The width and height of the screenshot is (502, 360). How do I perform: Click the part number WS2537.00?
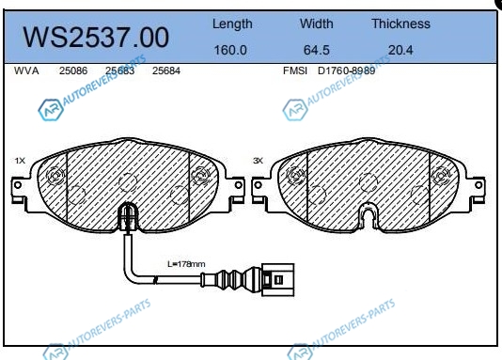pyautogui.click(x=96, y=37)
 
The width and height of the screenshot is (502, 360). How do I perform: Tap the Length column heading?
pyautogui.click(x=232, y=24)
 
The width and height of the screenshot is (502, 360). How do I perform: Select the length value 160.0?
pyautogui.click(x=230, y=50)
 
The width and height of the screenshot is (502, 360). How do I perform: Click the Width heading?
pyautogui.click(x=316, y=23)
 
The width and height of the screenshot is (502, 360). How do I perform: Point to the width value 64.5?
pyautogui.click(x=316, y=50)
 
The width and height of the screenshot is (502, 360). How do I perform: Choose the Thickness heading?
pyautogui.click(x=400, y=23)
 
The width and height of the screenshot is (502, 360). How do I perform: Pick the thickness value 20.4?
pyautogui.click(x=400, y=50)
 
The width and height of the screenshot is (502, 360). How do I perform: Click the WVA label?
pyautogui.click(x=26, y=70)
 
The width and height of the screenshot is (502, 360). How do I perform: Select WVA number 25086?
pyautogui.click(x=73, y=70)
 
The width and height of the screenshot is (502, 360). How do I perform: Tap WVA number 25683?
pyautogui.click(x=119, y=70)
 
